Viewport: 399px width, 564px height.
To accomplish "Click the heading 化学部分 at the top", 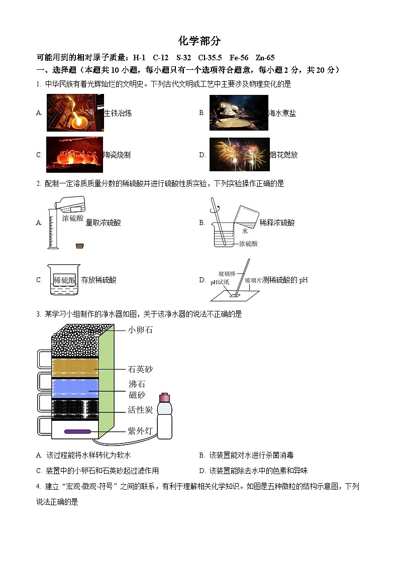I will [x=199, y=41].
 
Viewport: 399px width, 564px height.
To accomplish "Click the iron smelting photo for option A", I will [x=74, y=113].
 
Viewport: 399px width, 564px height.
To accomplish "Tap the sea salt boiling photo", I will [x=238, y=113].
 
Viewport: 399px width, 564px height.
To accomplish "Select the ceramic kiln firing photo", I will [x=74, y=155].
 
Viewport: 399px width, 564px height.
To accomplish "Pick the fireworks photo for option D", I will [x=239, y=155].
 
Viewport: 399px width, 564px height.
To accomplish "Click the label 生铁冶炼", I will [x=118, y=114].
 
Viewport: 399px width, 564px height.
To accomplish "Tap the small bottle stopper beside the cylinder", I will [x=79, y=246].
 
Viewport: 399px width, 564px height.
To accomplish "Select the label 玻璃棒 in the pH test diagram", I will [x=227, y=274].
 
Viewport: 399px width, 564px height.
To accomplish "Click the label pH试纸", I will [x=220, y=283].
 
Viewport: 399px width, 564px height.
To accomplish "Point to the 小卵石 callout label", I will [x=141, y=330].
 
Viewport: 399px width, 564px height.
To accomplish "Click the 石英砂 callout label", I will [x=141, y=369].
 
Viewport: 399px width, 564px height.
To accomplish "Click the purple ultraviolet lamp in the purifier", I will [x=77, y=431].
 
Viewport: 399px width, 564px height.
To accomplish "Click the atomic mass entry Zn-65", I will [x=265, y=58].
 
